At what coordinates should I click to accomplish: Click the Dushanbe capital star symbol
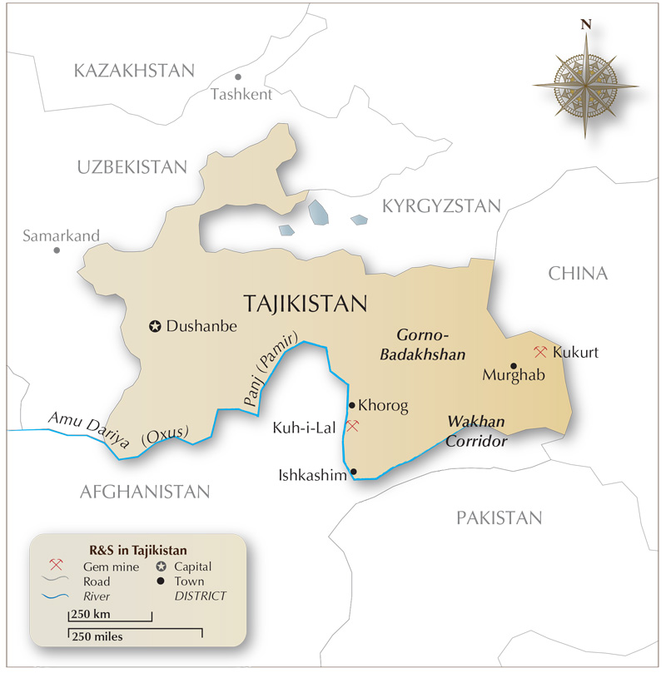pos(155,327)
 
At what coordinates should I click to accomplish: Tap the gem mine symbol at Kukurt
pos(540,352)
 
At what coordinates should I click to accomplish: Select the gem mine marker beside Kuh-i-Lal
pos(352,426)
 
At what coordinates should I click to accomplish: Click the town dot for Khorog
pos(352,406)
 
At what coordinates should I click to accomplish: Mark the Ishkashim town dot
pos(354,473)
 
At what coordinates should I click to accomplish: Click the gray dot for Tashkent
pos(238,77)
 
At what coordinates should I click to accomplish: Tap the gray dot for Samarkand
pos(57,250)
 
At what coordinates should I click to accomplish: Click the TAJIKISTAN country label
pos(305,304)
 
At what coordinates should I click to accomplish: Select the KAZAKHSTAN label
pos(134,70)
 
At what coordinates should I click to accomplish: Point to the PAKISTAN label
pos(499,518)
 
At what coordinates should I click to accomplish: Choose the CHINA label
pos(578,274)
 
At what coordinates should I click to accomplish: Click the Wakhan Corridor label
pos(476,432)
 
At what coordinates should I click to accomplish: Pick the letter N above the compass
pos(586,25)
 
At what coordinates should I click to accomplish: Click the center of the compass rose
pos(586,85)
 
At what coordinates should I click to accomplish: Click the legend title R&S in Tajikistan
pos(137,550)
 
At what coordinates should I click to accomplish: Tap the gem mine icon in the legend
pos(57,566)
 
